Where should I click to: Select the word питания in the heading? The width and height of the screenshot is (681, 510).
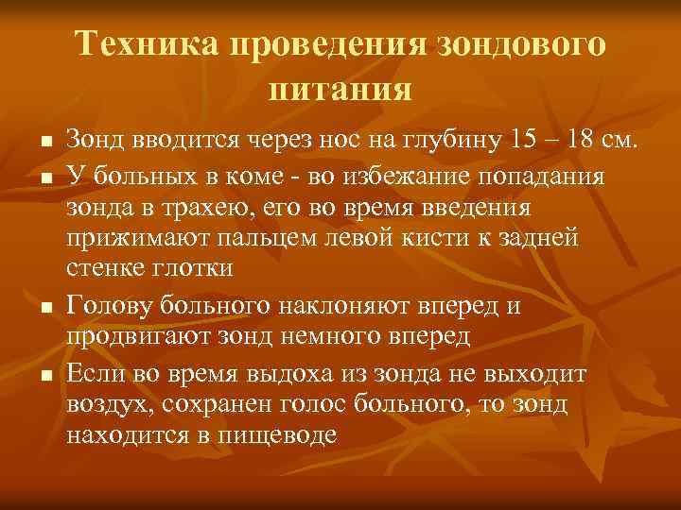click(340, 90)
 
